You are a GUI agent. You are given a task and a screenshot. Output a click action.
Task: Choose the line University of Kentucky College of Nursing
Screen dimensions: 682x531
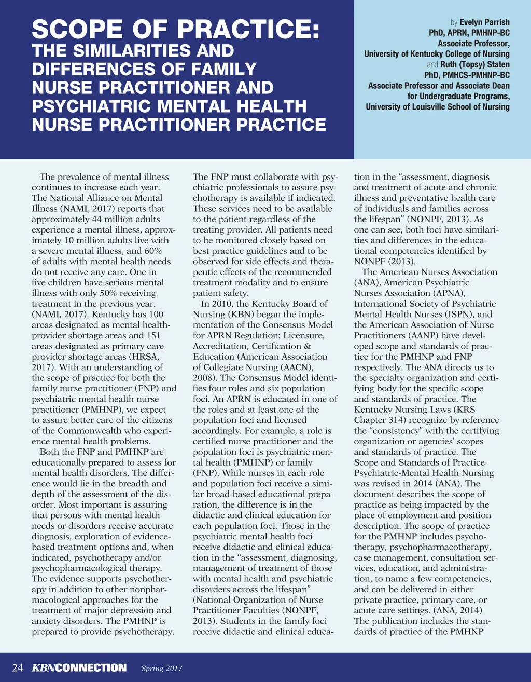437,54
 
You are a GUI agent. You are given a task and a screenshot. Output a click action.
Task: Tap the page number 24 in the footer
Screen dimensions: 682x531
17,667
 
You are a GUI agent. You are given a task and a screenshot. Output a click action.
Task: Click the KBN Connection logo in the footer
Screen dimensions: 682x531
79,667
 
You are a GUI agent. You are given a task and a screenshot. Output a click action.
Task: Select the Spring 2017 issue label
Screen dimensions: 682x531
162,669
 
